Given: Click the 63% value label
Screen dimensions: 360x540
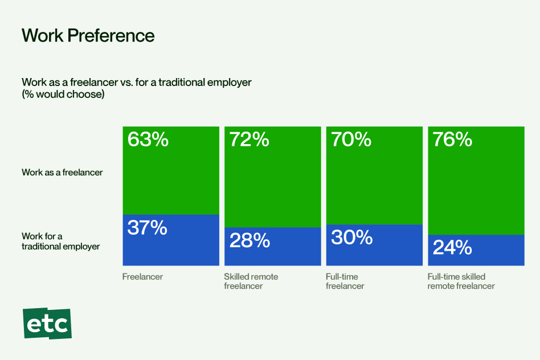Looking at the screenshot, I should click(148, 140).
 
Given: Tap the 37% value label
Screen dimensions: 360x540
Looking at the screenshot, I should click(147, 228).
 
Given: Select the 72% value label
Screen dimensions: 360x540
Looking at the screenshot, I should click(249, 140).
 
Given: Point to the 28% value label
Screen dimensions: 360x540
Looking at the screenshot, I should click(249, 240).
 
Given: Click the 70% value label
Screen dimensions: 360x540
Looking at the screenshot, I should click(351, 140).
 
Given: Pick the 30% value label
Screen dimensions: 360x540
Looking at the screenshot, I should click(351, 237).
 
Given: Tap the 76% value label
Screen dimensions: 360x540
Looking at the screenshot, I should click(452, 140).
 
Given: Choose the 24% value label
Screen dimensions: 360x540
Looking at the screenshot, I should click(452, 248).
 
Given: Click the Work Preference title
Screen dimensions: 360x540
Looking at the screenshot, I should click(88, 35).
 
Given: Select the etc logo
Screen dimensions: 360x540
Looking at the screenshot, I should click(47, 324).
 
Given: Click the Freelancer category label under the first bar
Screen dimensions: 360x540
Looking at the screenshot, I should click(142, 277).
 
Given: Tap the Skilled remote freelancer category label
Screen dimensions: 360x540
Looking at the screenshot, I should click(251, 281).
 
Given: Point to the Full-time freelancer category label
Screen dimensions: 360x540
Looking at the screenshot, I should click(345, 281).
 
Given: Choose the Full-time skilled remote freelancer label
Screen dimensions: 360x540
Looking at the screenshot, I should click(461, 281).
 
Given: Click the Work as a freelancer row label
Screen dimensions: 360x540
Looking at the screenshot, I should click(62, 172).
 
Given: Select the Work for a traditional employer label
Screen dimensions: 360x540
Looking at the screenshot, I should click(60, 241).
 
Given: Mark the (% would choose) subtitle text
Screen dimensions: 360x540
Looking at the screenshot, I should click(63, 95).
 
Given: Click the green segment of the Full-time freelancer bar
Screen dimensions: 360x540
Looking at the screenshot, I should click(374, 182).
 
